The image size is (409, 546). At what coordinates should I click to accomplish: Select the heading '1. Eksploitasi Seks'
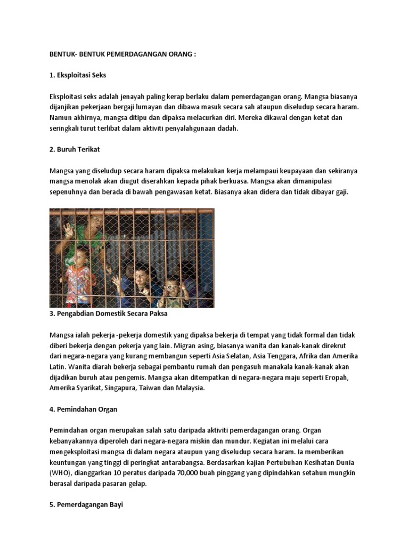click(78, 75)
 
